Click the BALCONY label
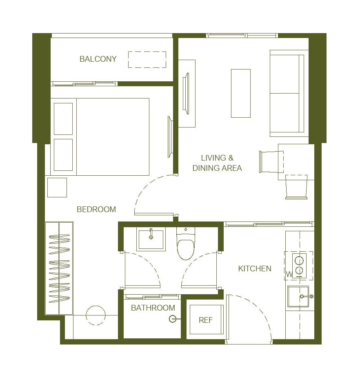pyautogui.click(x=98, y=59)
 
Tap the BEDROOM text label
pyautogui.click(x=96, y=209)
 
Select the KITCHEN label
pyautogui.click(x=255, y=268)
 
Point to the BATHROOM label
pyautogui.click(x=153, y=308)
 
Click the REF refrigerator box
pyautogui.click(x=207, y=320)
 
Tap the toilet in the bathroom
pyautogui.click(x=186, y=244)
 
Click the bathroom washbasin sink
pyautogui.click(x=151, y=239)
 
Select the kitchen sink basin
pyautogui.click(x=298, y=297)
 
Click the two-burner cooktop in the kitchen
pyautogui.click(x=299, y=266)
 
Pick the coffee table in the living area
pyautogui.click(x=241, y=93)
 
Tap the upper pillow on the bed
pyautogui.click(x=63, y=119)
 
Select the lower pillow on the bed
pyautogui.click(x=63, y=155)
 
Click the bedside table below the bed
pyautogui.click(x=57, y=188)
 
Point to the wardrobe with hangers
pyautogui.click(x=59, y=268)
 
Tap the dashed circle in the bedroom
pyautogui.click(x=96, y=306)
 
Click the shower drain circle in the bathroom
pyautogui.click(x=172, y=319)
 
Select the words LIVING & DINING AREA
pyautogui.click(x=217, y=163)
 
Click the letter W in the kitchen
pyautogui.click(x=289, y=274)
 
